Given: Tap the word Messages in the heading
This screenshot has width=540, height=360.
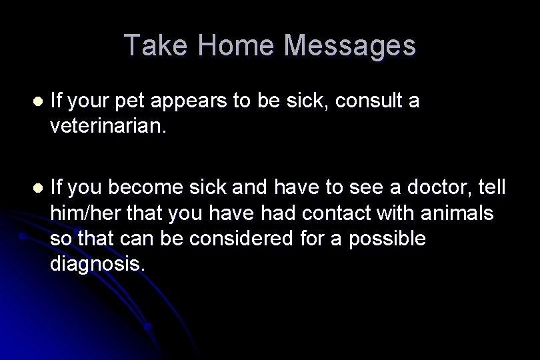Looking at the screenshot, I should tap(350, 45).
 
